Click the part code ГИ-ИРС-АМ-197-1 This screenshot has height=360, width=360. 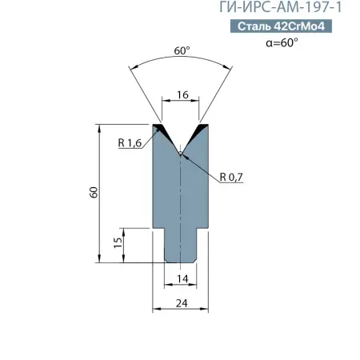[x=297, y=9]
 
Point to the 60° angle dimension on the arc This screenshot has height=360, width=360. [x=182, y=51]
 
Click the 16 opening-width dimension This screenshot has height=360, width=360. [x=182, y=94]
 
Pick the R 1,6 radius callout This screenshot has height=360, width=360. [x=129, y=143]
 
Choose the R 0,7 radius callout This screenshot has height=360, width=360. [x=231, y=178]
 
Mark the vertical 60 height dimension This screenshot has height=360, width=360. [x=93, y=193]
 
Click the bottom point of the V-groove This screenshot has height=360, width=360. [x=182, y=152]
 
